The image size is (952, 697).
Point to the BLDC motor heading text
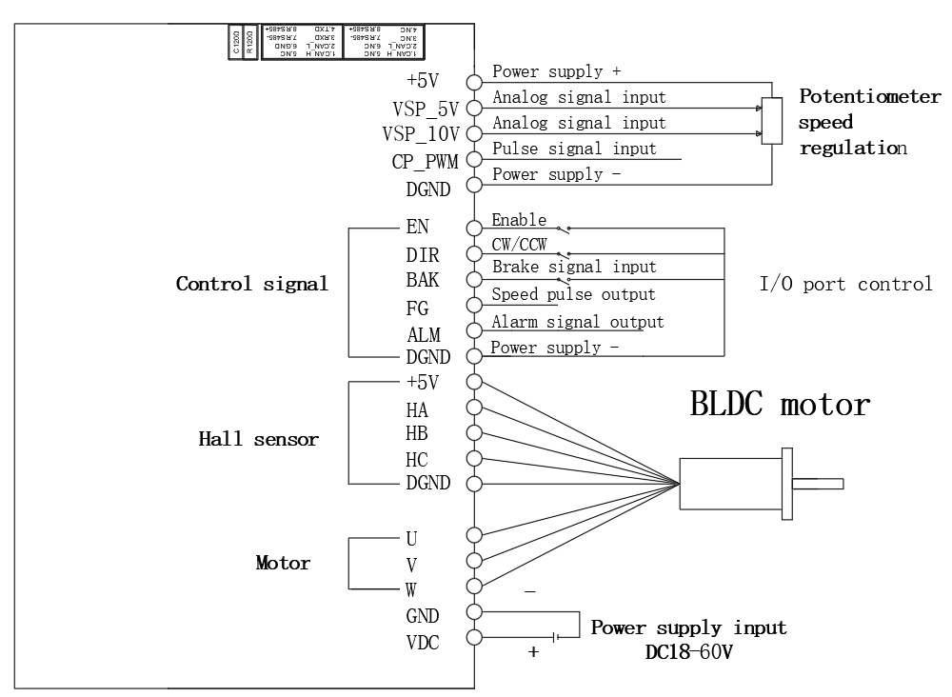(x=780, y=404)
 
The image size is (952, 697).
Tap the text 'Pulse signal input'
(x=574, y=149)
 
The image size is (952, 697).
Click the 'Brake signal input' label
(x=574, y=268)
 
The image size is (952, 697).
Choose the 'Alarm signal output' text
(x=578, y=322)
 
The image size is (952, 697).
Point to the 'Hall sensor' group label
(x=258, y=439)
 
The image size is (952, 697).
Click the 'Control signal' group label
(x=251, y=284)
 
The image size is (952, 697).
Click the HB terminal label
(x=416, y=433)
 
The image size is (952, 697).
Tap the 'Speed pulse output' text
(x=573, y=294)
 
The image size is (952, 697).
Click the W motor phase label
(x=412, y=587)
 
